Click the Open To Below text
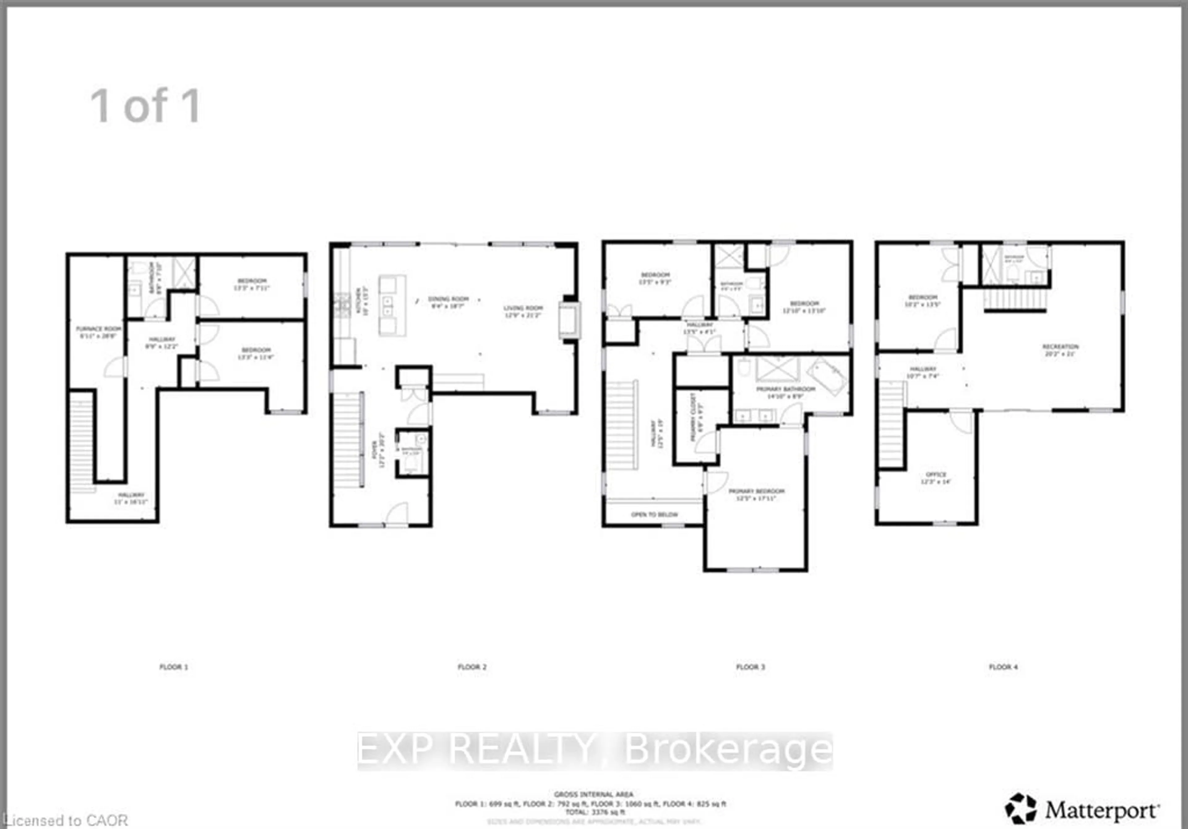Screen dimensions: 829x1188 [x=654, y=515]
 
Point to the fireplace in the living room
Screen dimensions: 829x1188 [x=569, y=321]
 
